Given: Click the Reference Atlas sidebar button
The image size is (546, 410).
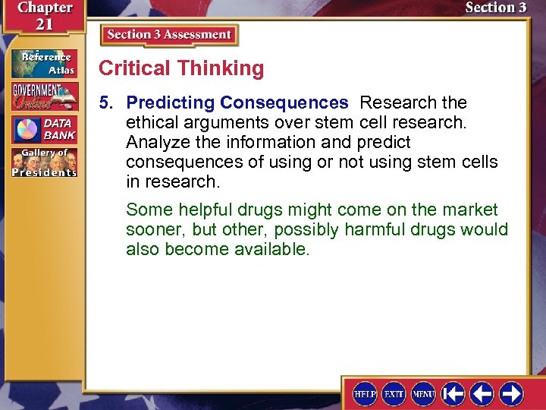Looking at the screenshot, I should click(43, 62).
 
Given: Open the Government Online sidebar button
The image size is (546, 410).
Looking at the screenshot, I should click(43, 96).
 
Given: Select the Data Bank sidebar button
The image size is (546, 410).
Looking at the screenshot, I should click(43, 129).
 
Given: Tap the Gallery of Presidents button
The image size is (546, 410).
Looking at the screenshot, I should click(43, 162).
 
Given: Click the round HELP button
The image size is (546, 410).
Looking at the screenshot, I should click(366, 394).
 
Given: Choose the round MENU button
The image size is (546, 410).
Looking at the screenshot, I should click(423, 394).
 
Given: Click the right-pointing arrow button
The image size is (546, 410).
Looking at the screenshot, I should click(511, 393).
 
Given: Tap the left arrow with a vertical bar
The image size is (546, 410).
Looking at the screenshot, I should click(453, 393).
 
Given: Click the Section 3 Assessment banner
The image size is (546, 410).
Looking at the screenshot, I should click(169, 35).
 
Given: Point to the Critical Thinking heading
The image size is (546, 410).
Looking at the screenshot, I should click(181, 68).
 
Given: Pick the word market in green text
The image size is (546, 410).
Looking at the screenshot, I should click(470, 210).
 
